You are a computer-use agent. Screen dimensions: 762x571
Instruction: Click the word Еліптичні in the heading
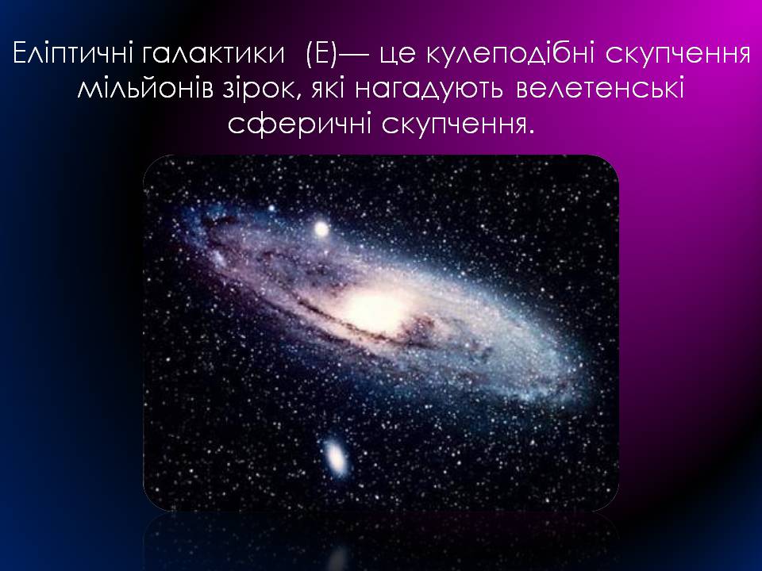point(74,53)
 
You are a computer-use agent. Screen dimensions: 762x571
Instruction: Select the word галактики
point(214,53)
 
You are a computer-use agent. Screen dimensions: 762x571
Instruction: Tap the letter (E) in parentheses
point(321,53)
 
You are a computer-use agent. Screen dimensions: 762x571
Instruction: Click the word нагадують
point(429,90)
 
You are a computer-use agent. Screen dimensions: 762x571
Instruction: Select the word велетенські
point(600,89)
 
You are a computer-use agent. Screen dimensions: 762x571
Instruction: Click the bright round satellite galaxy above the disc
point(321,228)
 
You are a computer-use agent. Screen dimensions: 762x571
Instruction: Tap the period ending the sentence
point(530,132)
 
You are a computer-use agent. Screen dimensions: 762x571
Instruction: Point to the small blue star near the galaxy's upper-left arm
point(271,209)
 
